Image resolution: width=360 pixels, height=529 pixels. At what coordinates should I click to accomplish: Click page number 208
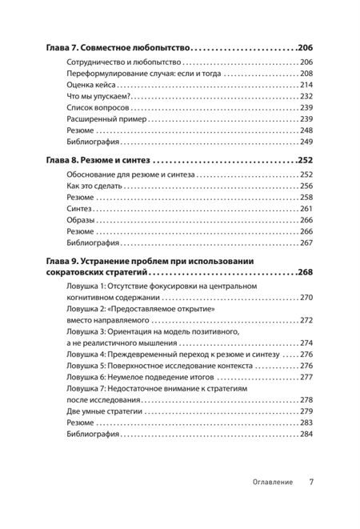point(306,73)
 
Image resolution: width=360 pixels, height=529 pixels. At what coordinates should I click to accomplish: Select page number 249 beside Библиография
point(306,141)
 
